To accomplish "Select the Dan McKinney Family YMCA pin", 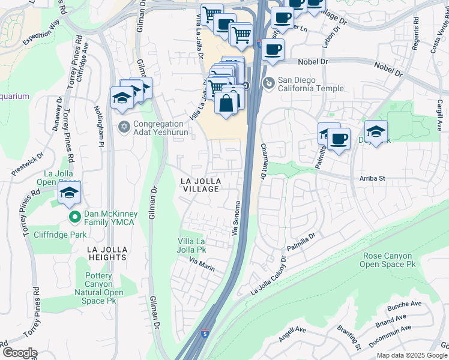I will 74,217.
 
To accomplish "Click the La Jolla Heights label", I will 107,253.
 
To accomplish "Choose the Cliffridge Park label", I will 60,235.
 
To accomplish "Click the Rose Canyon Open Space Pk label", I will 389,260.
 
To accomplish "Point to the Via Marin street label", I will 202,264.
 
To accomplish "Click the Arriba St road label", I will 372,178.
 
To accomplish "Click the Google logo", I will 19,353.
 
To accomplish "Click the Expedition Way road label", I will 42,32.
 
